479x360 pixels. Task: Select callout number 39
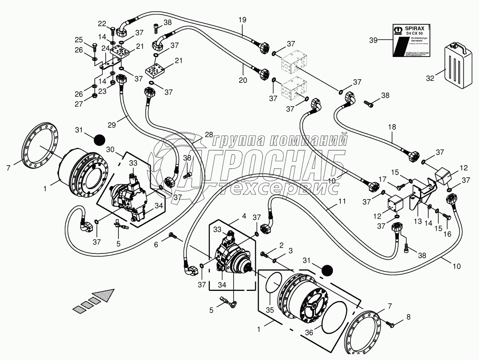click(374, 39)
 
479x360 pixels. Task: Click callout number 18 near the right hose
click(392, 128)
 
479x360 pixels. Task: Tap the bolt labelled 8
click(408, 317)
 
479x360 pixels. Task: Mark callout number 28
click(209, 135)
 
